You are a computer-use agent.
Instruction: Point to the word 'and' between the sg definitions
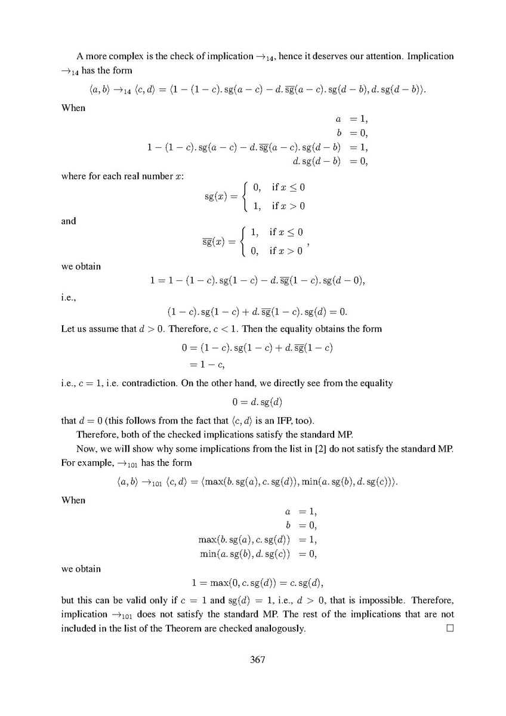click(x=69, y=221)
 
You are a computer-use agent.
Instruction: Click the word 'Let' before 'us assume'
click(x=69, y=329)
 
